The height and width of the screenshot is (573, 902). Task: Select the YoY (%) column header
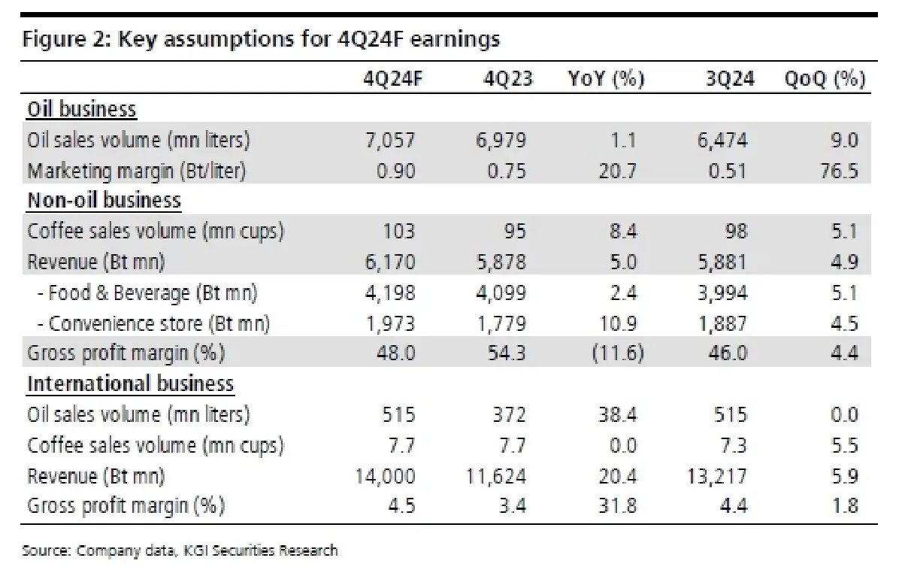[x=606, y=79]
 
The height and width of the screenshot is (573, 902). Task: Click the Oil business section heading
[x=82, y=110]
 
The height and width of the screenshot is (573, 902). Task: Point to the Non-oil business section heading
[x=104, y=201]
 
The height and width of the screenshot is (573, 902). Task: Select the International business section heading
[x=131, y=384]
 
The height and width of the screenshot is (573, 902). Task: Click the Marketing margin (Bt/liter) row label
[x=137, y=171]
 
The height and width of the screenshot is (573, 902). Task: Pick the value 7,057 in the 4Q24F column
[x=392, y=141]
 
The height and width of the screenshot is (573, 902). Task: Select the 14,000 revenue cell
[x=385, y=475]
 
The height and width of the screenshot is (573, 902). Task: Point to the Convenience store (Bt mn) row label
[x=154, y=323]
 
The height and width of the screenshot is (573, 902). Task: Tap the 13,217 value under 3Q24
[x=717, y=475]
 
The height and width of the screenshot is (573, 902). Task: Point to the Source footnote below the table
[x=180, y=550]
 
